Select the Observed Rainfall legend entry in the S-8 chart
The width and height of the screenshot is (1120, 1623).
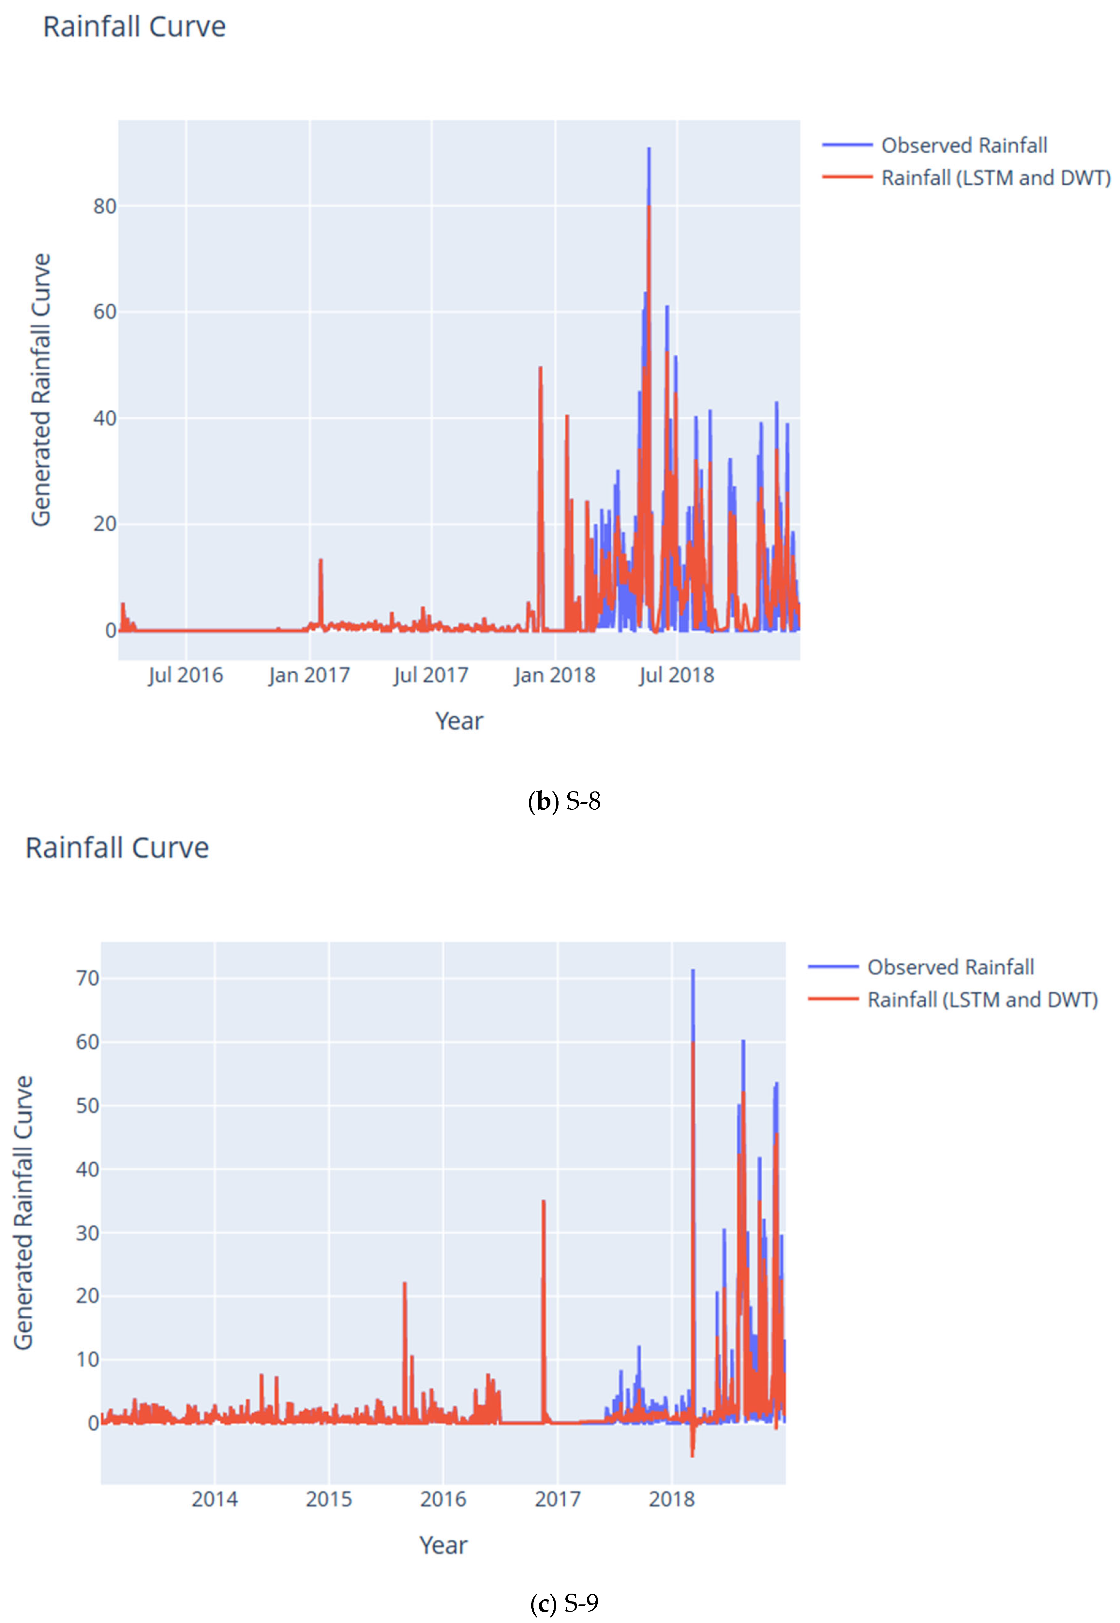coord(963,145)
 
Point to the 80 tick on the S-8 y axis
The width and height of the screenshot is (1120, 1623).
coord(105,207)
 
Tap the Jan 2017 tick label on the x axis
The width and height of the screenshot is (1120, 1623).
coord(309,675)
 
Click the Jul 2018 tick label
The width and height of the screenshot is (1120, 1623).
coord(677,675)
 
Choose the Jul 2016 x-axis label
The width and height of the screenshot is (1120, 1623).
coord(185,675)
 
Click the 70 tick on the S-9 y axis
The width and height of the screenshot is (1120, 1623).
coord(88,978)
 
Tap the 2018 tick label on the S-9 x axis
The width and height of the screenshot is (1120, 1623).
coord(672,1499)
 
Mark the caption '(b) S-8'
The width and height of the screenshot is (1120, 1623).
coord(564,801)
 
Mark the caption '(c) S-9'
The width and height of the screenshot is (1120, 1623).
coord(564,1603)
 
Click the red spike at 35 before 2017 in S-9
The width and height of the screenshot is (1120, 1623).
coord(543,1202)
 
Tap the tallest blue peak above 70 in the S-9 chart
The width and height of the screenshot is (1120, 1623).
coord(693,972)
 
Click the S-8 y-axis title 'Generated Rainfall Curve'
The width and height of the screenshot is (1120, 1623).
coord(41,390)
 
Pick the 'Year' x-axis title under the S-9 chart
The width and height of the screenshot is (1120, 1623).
coord(443,1544)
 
